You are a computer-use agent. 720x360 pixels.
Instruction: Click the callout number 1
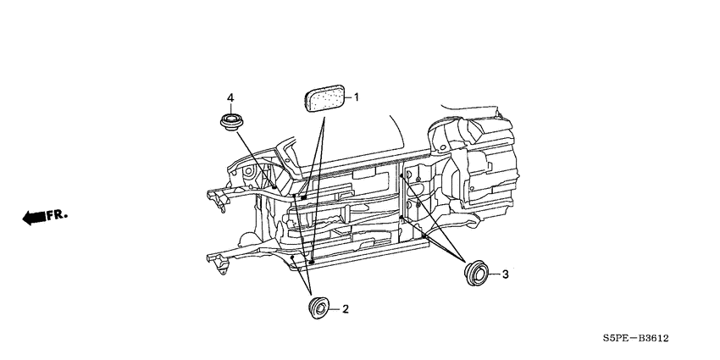pyautogui.click(x=356, y=97)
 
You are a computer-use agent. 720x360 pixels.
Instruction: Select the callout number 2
pyautogui.click(x=346, y=309)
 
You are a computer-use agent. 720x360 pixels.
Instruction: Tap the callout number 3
pyautogui.click(x=505, y=274)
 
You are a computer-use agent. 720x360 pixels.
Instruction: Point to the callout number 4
pyautogui.click(x=230, y=97)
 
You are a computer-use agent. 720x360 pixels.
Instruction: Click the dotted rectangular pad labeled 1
pyautogui.click(x=325, y=97)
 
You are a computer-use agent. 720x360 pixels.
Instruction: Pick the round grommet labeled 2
pyautogui.click(x=318, y=307)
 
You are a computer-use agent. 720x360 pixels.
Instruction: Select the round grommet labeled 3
pyautogui.click(x=477, y=273)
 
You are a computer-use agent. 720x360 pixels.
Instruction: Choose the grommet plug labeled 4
pyautogui.click(x=231, y=122)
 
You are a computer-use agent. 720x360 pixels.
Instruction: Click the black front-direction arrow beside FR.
pyautogui.click(x=34, y=217)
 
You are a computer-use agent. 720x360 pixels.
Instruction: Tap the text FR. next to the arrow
pyautogui.click(x=57, y=214)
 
